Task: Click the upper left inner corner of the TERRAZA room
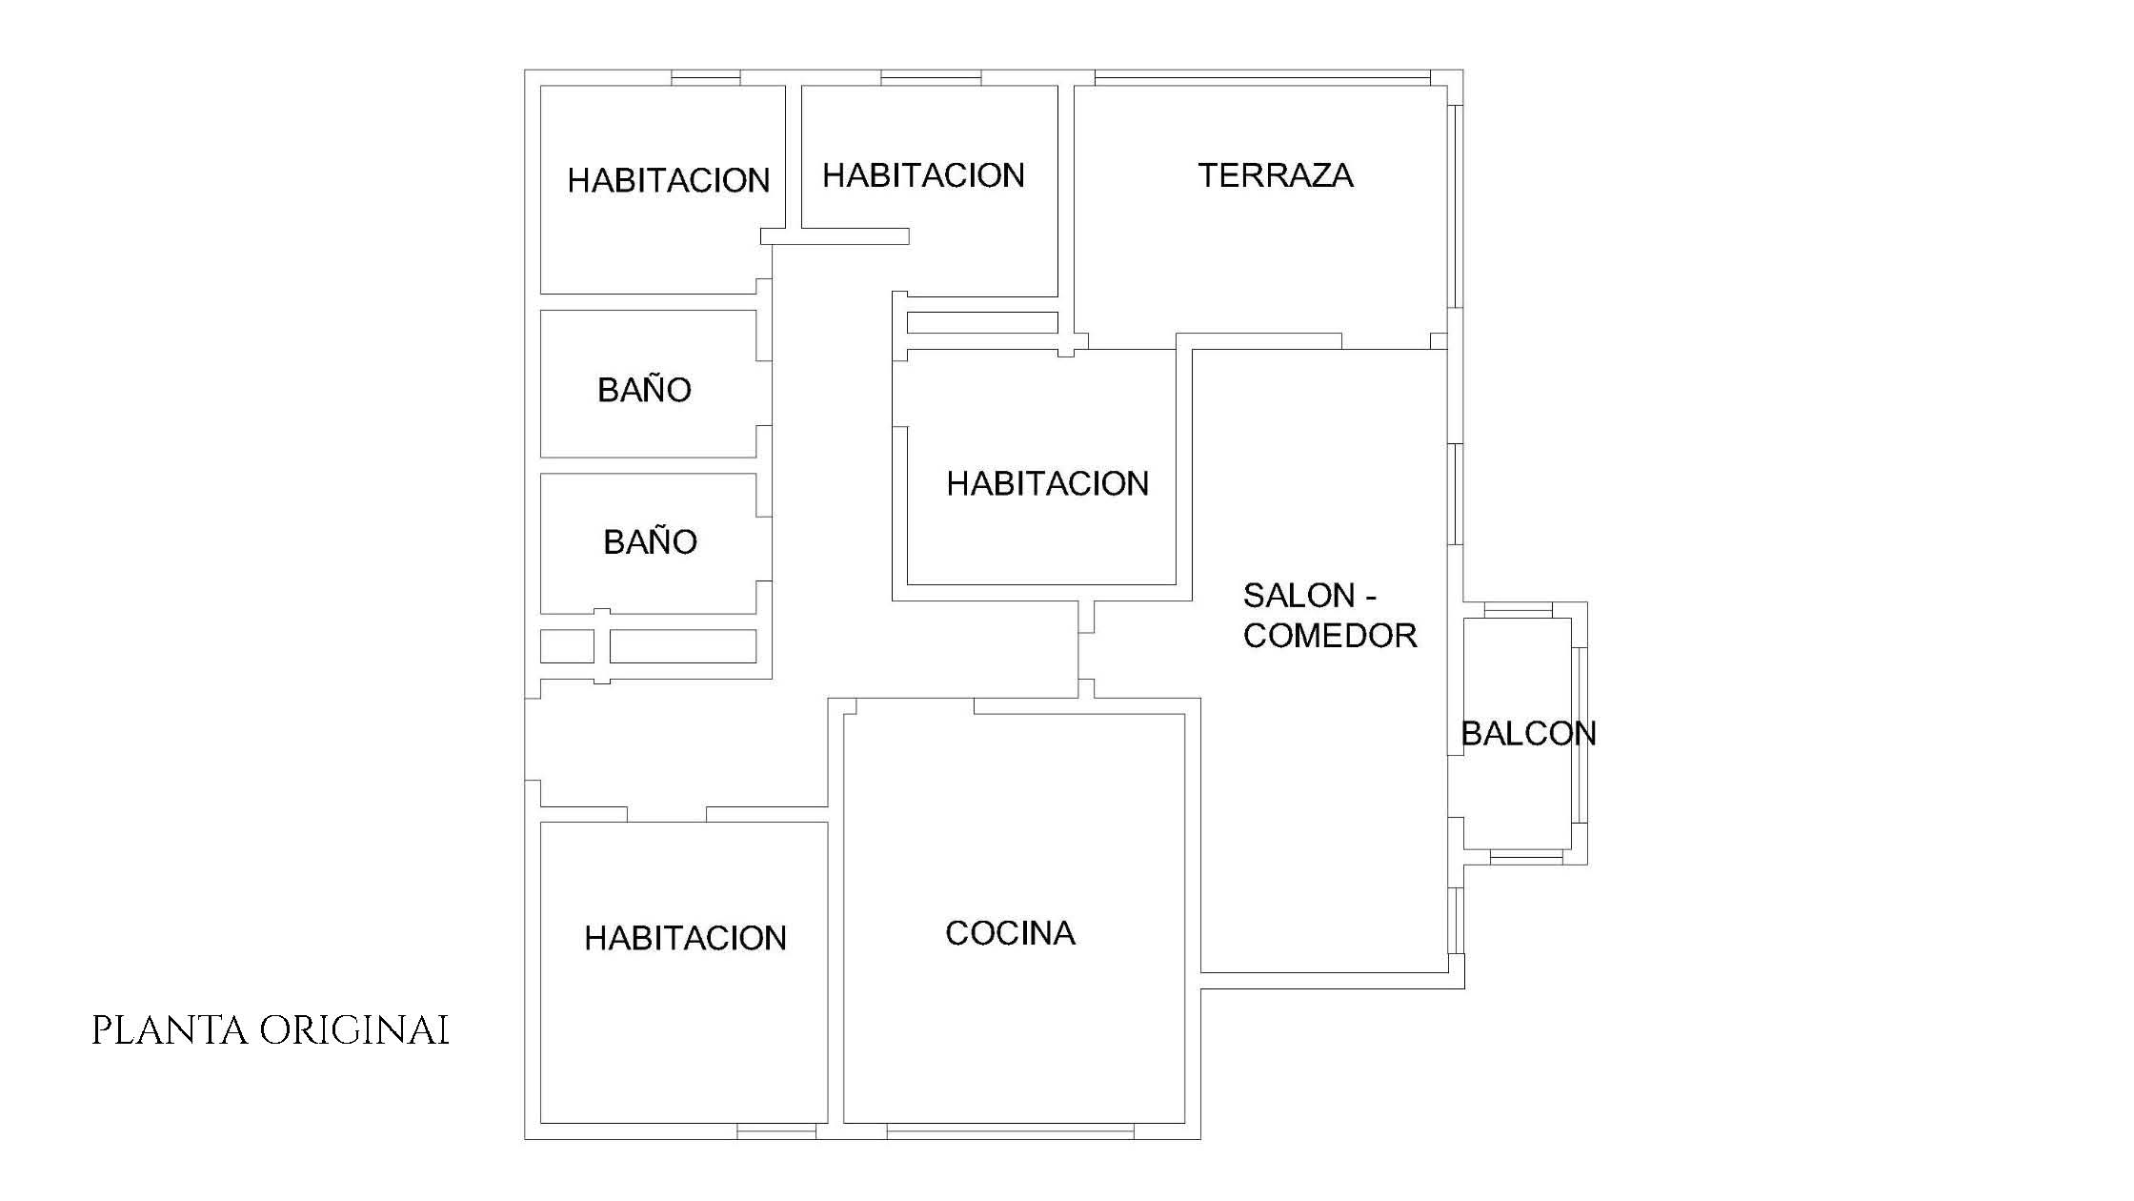(x=1076, y=87)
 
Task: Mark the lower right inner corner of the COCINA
(x=1184, y=1123)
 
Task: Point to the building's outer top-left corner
(x=525, y=71)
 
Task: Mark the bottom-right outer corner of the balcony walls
(x=1587, y=865)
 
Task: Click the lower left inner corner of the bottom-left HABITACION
(x=541, y=1123)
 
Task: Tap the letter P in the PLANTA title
(x=101, y=1030)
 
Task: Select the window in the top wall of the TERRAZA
(x=1262, y=78)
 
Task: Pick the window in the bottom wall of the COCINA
(x=1011, y=1131)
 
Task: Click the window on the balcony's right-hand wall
(x=1580, y=734)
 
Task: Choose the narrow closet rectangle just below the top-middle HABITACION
(x=982, y=322)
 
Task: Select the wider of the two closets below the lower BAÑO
(x=683, y=646)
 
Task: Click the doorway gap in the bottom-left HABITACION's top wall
(x=667, y=814)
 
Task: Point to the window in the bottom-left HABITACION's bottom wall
(x=776, y=1131)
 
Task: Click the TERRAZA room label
(x=1276, y=175)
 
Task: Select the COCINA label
(x=1010, y=933)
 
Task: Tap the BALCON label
(x=1528, y=733)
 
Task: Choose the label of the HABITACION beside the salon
(x=1048, y=484)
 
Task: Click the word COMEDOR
(x=1330, y=636)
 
